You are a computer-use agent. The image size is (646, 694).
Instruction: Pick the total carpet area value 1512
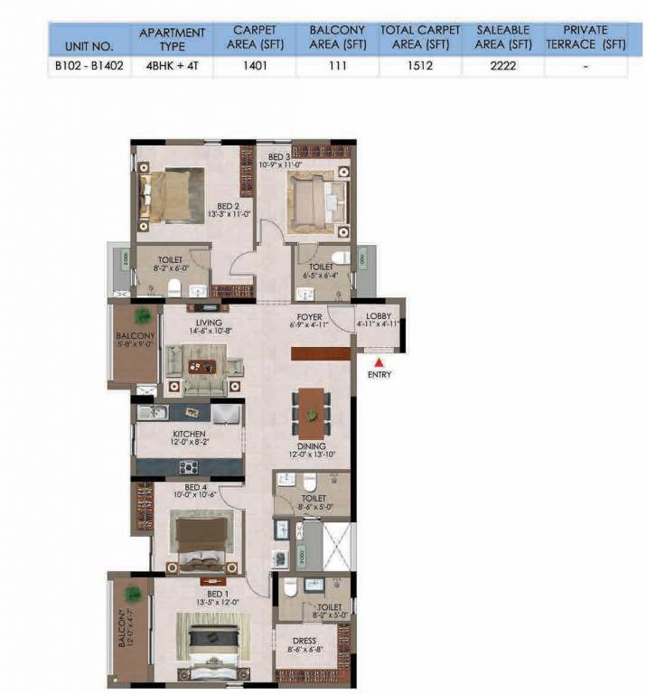(x=419, y=65)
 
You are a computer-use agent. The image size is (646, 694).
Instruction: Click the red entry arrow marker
(x=379, y=362)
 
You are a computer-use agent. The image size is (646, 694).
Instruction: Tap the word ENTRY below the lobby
(x=379, y=374)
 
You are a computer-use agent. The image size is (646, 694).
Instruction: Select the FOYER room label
(x=309, y=316)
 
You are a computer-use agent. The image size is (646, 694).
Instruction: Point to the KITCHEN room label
(x=190, y=434)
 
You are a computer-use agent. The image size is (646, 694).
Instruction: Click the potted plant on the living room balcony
(x=142, y=315)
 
